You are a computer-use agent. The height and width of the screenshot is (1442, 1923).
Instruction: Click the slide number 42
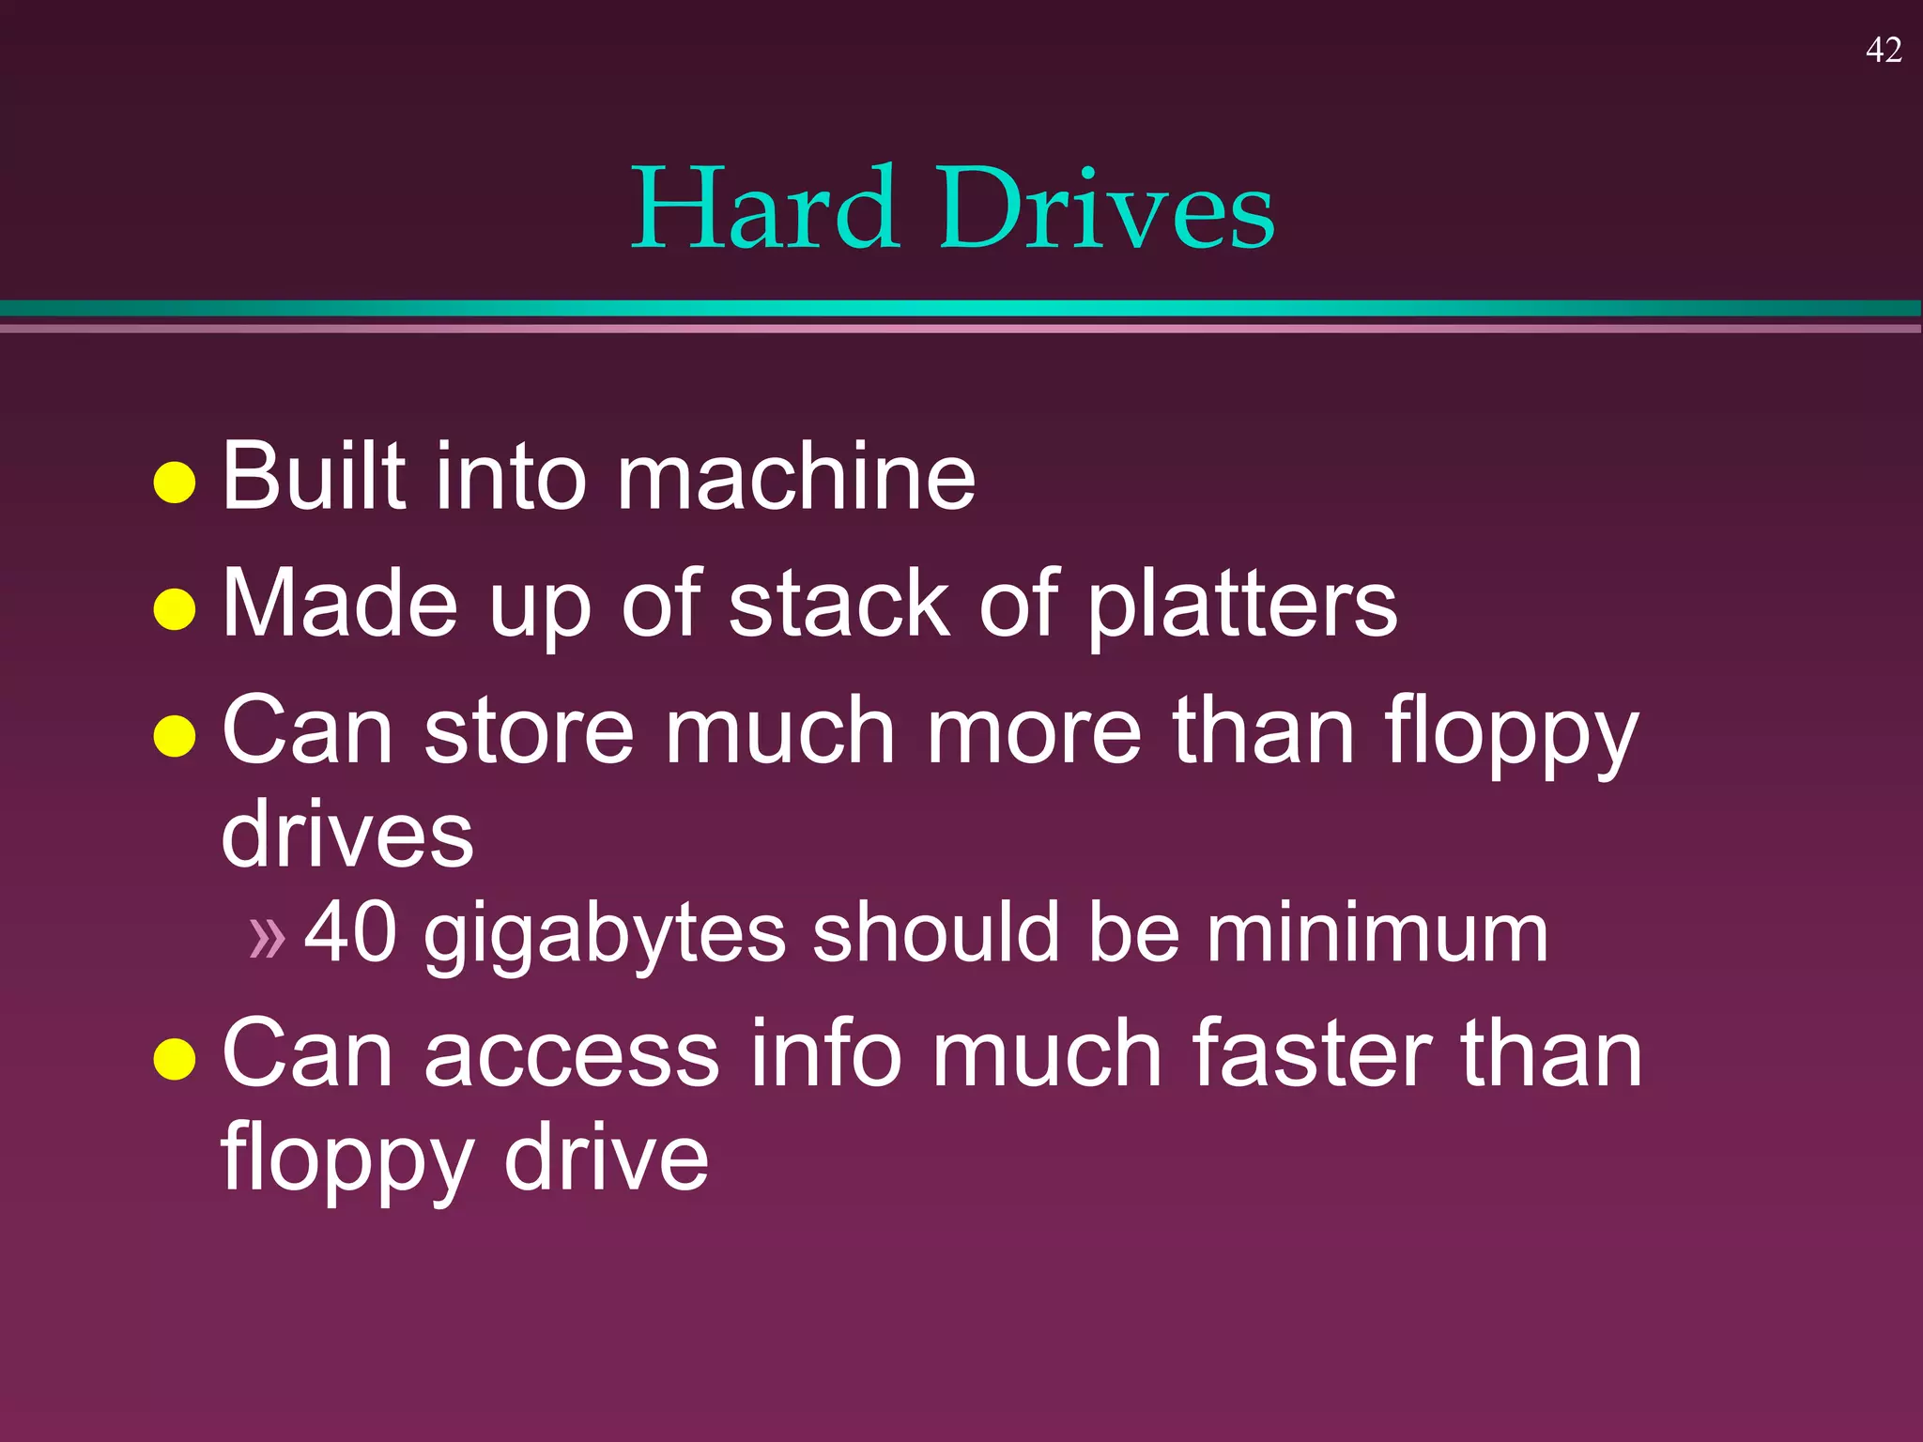click(1884, 50)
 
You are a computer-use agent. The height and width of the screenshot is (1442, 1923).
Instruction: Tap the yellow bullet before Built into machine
click(175, 483)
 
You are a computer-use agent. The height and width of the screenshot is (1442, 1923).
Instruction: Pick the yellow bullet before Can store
click(175, 736)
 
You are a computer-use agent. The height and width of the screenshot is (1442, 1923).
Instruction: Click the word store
click(530, 731)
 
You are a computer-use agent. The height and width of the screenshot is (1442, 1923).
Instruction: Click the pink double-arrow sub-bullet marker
click(267, 937)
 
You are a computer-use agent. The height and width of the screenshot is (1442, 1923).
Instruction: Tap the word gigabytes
click(605, 935)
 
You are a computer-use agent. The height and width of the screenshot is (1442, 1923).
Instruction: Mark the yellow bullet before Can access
click(175, 1059)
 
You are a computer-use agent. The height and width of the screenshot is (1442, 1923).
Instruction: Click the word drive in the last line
click(606, 1158)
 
